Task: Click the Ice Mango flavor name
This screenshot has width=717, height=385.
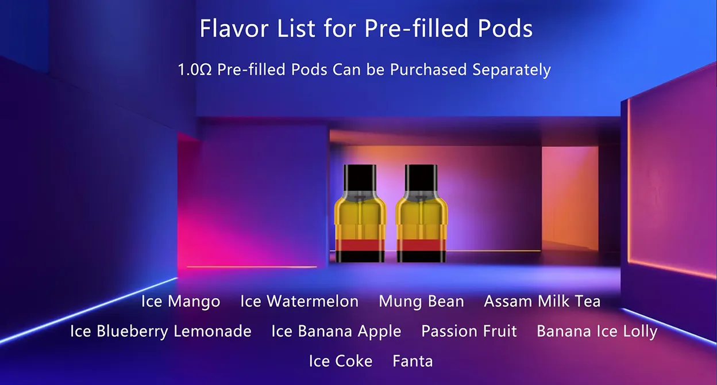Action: point(180,302)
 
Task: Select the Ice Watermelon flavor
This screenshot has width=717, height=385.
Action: point(299,301)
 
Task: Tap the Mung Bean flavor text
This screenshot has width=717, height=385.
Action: point(421,302)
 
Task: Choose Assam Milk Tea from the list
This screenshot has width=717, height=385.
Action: point(542,301)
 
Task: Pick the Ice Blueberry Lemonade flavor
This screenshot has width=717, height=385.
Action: point(161,331)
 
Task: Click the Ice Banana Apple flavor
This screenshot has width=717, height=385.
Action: point(336,331)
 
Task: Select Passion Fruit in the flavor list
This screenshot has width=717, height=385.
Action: point(469,331)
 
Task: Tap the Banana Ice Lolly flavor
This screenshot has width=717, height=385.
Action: point(597,331)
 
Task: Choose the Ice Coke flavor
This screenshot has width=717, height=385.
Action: point(341,361)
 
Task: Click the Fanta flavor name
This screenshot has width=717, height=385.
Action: point(413,361)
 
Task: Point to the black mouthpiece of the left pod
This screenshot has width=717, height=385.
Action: point(360,178)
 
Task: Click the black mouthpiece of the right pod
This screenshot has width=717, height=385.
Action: point(421,178)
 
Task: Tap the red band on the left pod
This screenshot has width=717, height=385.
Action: point(360,245)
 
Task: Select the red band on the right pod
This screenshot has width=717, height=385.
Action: point(421,245)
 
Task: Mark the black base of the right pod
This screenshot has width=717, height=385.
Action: point(421,257)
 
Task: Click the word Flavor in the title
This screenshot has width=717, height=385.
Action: point(234,28)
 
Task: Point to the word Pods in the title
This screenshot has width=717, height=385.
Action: point(506,28)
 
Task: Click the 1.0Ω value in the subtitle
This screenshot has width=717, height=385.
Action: point(195,70)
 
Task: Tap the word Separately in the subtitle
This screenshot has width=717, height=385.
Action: point(511,70)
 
